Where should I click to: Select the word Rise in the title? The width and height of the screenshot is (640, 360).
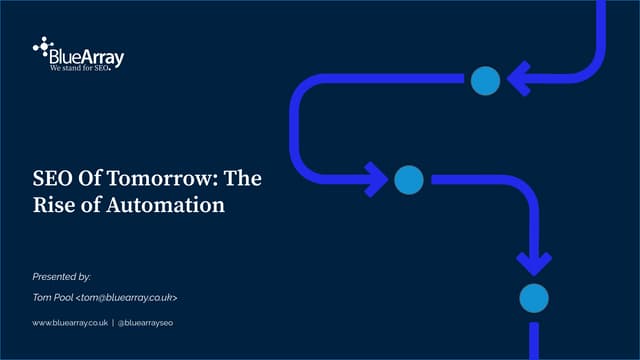click(x=51, y=206)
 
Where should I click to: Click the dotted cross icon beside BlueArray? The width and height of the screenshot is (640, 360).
click(x=42, y=46)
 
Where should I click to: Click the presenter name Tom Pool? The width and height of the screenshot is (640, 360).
click(x=52, y=297)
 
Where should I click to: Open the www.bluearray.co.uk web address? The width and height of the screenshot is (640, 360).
click(x=70, y=323)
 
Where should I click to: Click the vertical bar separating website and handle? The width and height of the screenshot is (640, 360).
click(x=112, y=323)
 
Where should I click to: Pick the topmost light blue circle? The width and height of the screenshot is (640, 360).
click(x=485, y=80)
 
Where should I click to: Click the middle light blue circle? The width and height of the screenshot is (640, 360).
click(x=408, y=180)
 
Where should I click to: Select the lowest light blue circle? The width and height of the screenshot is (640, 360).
click(x=534, y=296)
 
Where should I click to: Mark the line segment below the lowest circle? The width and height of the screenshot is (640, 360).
click(x=534, y=340)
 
